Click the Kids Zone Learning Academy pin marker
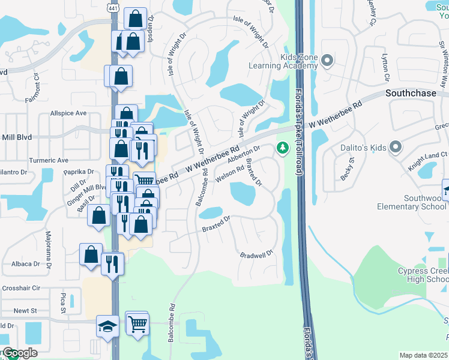click(327, 60)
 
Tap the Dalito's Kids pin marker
click(395, 147)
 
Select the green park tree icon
click(281, 147)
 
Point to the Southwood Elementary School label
click(412, 202)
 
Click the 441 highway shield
click(113, 7)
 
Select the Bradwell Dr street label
click(256, 254)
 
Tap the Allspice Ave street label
click(68, 113)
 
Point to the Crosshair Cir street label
click(20, 288)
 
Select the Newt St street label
click(25, 311)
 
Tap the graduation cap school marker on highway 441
click(107, 326)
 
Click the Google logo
click(19, 353)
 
